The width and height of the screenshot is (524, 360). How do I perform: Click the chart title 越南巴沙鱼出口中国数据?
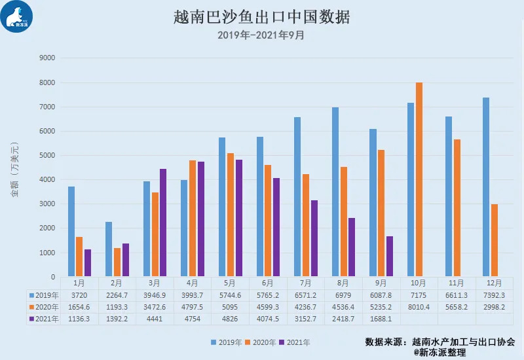coord(262,16)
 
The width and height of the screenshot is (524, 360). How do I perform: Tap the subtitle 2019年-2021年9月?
coord(261,35)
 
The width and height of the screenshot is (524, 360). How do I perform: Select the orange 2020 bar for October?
coord(419,179)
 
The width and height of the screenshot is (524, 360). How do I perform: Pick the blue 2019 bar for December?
coord(486,187)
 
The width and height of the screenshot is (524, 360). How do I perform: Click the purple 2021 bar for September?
coord(389,256)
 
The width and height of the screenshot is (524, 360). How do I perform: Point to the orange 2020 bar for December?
coord(495,240)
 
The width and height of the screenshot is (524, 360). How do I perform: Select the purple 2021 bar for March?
coord(163,223)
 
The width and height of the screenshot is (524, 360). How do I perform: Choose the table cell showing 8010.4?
coord(419,307)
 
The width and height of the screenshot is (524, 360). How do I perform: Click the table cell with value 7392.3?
coord(495,295)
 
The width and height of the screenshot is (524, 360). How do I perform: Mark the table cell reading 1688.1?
coord(381,319)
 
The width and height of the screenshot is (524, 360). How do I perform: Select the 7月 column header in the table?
coord(306,283)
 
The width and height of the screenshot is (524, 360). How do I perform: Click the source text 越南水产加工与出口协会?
coord(462,342)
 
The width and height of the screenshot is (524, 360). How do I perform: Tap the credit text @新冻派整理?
coord(440,352)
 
